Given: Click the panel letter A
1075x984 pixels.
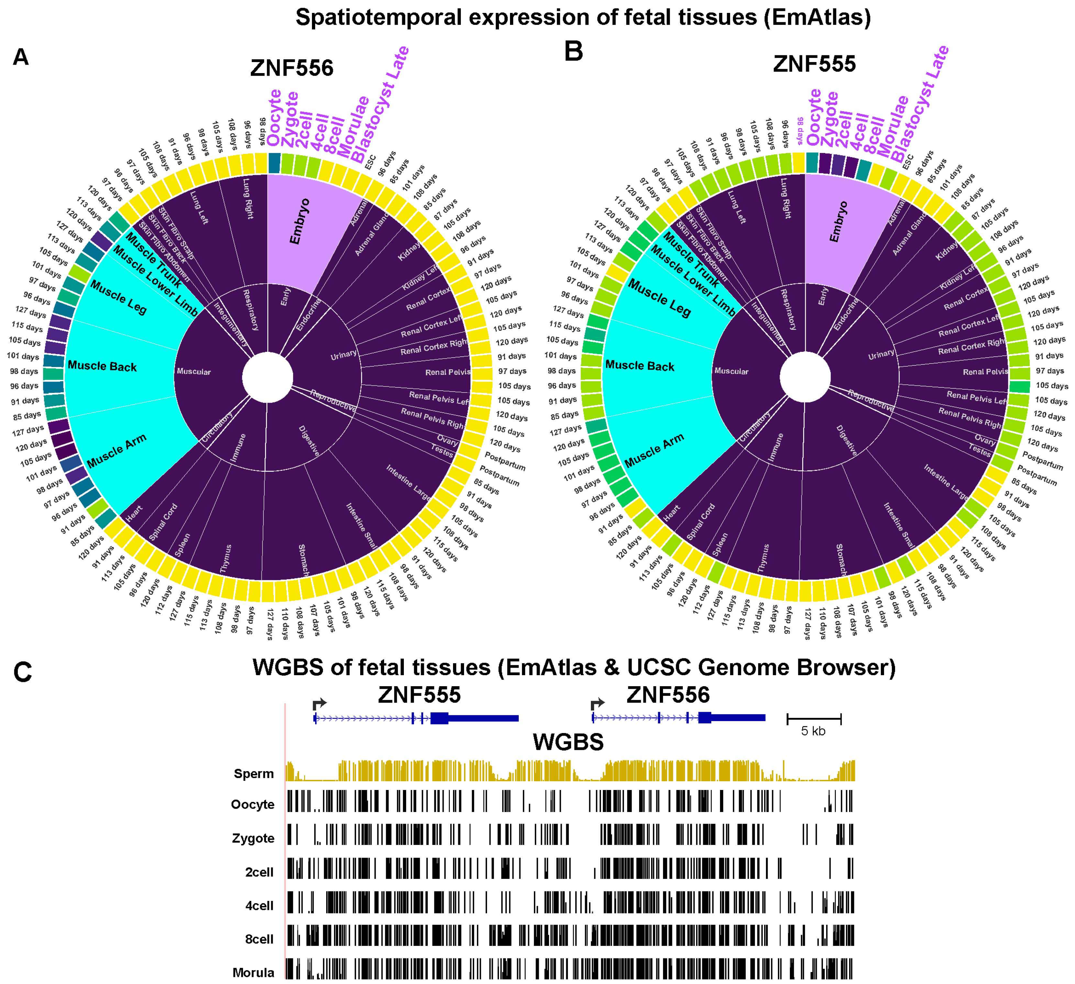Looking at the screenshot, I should click(20, 57).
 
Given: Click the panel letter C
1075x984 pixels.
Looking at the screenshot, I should click(22, 672).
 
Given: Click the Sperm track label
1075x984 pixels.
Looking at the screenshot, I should click(254, 773).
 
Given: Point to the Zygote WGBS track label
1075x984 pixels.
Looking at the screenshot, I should click(253, 838).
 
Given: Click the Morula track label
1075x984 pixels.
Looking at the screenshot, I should click(253, 973).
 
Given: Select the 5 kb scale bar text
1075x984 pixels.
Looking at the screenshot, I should click(813, 731).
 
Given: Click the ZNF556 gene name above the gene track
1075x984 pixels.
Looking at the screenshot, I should click(668, 695).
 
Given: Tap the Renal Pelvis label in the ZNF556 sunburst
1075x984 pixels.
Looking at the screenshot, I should click(448, 372).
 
